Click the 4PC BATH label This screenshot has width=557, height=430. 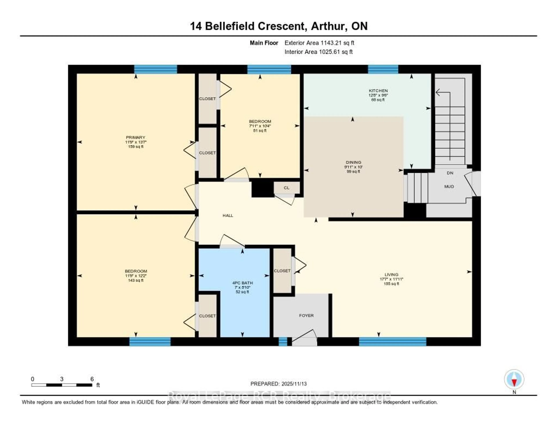point(242,283)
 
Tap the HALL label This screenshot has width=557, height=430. point(228,215)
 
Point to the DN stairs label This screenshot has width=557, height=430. point(450,173)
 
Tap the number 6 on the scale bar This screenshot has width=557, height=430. point(92,379)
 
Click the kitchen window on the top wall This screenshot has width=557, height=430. point(383,69)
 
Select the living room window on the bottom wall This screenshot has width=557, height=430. point(393,342)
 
